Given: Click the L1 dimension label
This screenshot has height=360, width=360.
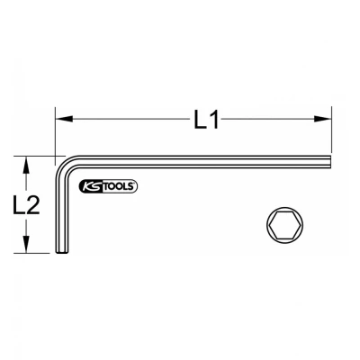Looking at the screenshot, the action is [206, 119].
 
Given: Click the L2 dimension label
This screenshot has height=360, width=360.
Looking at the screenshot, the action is [26, 204].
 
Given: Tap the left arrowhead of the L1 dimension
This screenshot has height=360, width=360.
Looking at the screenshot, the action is [64, 119].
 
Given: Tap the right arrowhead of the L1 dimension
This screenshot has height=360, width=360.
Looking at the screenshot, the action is [322, 119].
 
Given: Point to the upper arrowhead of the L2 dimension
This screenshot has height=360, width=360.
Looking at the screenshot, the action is [26, 165].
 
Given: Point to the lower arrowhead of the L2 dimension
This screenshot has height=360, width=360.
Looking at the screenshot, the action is [26, 244].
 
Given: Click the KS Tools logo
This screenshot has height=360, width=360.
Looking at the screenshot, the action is [108, 187].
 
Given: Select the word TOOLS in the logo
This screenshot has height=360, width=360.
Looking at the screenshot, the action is [119, 187].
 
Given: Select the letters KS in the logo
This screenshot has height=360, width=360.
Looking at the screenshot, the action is [92, 187].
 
